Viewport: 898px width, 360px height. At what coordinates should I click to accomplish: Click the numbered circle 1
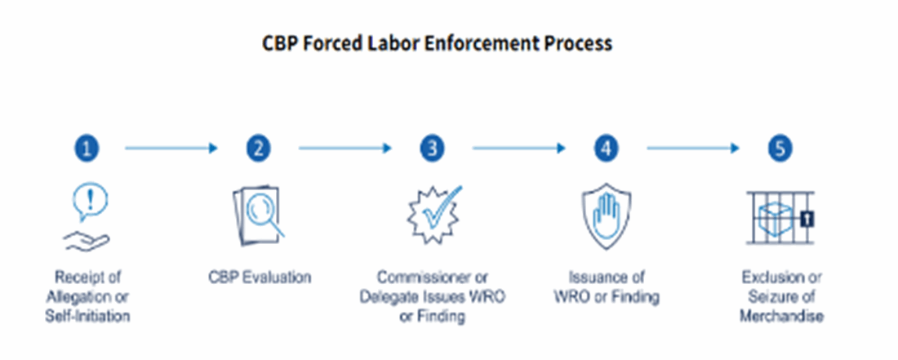coord(88,149)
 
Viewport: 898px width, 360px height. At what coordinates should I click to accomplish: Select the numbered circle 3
coord(433,149)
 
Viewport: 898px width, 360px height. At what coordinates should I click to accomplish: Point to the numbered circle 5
coord(780,149)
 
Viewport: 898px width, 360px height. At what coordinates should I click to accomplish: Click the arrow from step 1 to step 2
coord(172,149)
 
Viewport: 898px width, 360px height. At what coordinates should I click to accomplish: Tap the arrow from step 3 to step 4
coord(519,149)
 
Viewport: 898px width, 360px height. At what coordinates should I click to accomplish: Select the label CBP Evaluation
coord(259,278)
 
